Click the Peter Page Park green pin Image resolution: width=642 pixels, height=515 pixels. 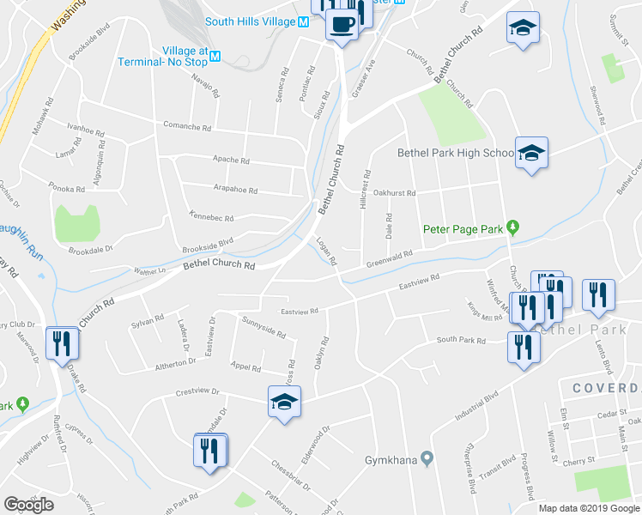[x=513, y=227]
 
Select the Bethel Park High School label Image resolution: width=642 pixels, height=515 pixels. [x=455, y=154]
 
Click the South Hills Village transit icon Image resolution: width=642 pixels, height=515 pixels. [x=302, y=21]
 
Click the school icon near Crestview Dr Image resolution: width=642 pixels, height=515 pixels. [x=284, y=401]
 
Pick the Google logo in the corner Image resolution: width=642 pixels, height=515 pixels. [x=28, y=505]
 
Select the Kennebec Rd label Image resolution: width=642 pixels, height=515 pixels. [x=211, y=219]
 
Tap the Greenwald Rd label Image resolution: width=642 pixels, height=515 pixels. [x=390, y=258]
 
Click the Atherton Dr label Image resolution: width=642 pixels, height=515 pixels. [x=175, y=364]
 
